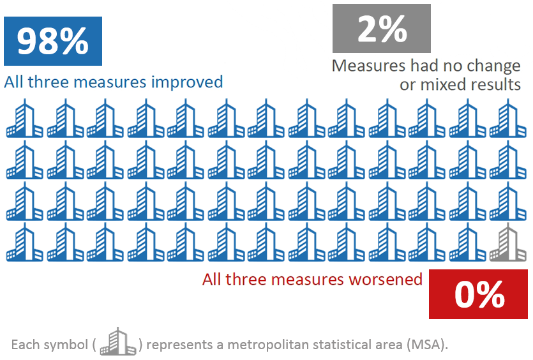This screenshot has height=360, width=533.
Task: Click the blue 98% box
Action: [x=53, y=41]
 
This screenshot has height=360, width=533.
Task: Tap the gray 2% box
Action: [x=382, y=28]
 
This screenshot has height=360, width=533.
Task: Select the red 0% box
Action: [x=479, y=294]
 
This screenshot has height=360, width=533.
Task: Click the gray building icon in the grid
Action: [x=508, y=243]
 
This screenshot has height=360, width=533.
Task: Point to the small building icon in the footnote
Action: [x=119, y=342]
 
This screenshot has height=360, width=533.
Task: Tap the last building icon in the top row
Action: [x=508, y=119]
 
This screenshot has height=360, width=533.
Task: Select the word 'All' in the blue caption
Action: [x=13, y=82]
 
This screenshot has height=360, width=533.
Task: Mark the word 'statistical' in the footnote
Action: [x=354, y=345]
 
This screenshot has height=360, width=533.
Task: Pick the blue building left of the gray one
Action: [x=468, y=243]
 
